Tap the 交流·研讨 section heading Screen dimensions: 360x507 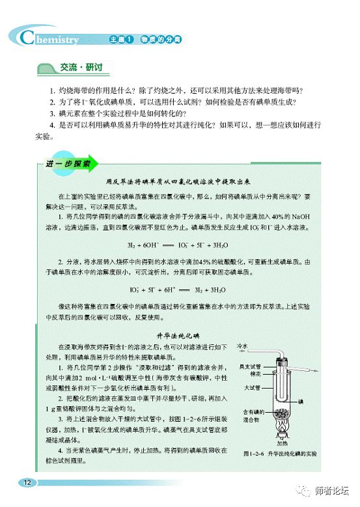pyautogui.click(x=77, y=67)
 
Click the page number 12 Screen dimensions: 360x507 pyautogui.click(x=27, y=482)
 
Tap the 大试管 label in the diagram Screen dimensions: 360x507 pyautogui.click(x=252, y=388)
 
